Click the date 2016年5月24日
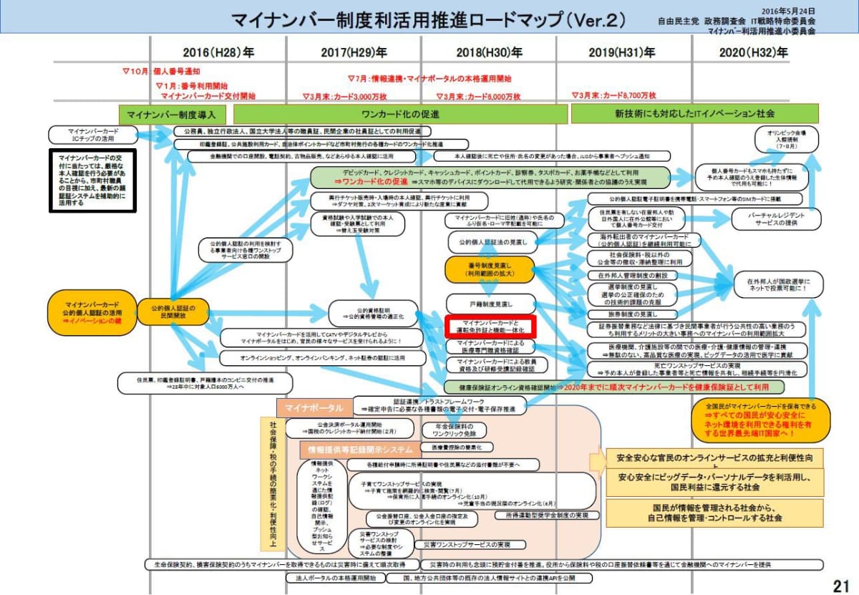(x=787, y=11)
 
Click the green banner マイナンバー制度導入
(x=172, y=114)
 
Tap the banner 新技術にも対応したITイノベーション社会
(x=694, y=114)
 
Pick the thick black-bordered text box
(x=92, y=179)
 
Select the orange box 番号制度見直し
(x=490, y=269)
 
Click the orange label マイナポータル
(x=314, y=407)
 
